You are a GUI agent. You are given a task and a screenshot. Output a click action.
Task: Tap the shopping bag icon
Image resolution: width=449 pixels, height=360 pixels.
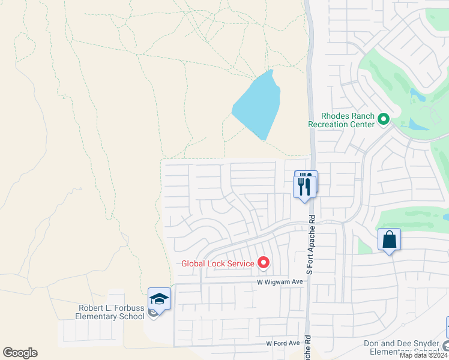tap(390, 240)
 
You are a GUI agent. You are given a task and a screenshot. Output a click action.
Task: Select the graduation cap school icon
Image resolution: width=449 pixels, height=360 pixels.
tap(160, 299)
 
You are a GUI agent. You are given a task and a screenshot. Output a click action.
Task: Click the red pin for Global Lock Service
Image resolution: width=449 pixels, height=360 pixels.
tap(263, 262)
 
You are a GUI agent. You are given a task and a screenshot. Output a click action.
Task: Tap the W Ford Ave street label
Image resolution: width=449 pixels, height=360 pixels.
tap(283, 343)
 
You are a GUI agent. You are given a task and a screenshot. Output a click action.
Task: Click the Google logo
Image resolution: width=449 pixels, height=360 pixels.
tap(20, 353)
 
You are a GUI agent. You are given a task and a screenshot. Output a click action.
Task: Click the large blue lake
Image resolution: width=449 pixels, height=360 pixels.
tap(258, 105)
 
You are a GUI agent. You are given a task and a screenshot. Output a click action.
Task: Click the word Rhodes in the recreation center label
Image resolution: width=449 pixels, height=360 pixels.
tap(334, 116)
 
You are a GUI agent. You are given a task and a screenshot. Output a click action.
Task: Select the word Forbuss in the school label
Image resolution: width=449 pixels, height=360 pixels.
tap(128, 308)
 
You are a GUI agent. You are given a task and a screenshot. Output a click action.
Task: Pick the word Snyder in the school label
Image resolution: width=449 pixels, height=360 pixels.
tap(423, 344)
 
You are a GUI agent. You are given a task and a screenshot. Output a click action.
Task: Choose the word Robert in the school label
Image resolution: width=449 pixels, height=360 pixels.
tap(91, 308)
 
